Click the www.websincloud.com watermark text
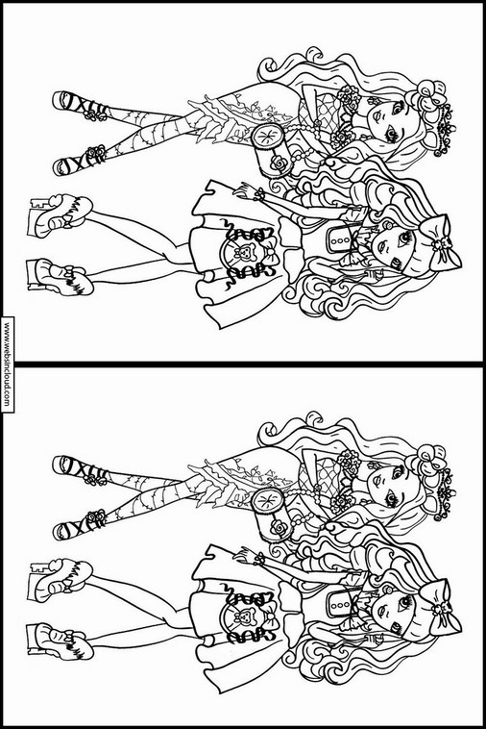(x=7, y=364)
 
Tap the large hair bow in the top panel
(x=440, y=242)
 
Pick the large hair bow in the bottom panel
(x=440, y=607)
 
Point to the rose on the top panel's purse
(x=279, y=163)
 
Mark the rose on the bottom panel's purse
(x=279, y=527)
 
